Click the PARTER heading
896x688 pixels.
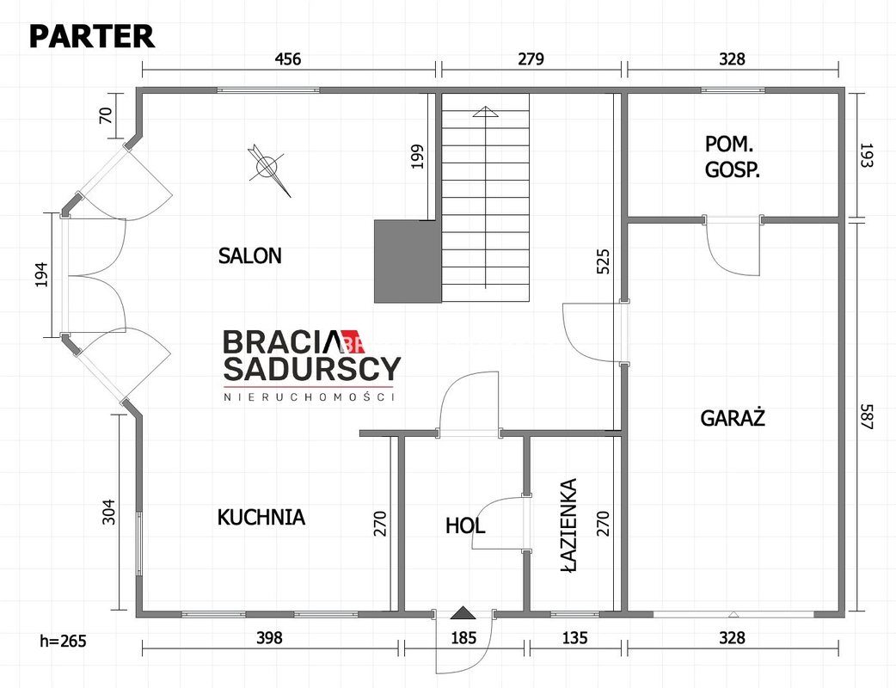91,36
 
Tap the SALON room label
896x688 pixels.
249,255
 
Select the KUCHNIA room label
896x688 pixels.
261,517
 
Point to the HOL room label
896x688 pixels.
465,525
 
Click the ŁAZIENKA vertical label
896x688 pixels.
568,525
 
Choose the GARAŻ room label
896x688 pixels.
733,418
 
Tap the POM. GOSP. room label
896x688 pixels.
732,157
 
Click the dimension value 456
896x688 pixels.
288,58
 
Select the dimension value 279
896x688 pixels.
531,58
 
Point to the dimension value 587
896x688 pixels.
866,417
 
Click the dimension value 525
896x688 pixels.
603,261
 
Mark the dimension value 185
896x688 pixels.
463,637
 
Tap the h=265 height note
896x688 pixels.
63,642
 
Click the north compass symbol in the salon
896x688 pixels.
267,168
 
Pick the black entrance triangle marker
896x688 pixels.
463,612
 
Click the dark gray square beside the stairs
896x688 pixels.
408,261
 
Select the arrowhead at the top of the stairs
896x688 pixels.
485,112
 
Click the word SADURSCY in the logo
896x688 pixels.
312,369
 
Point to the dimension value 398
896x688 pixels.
269,637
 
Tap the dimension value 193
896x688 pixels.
866,155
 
